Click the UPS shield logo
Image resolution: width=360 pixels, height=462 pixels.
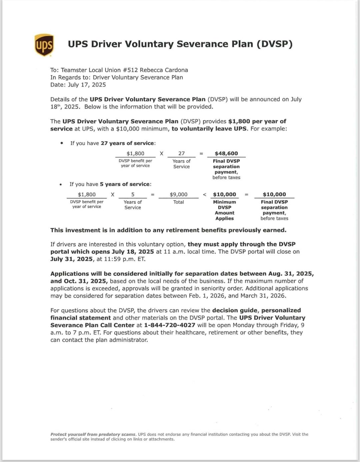click(x=44, y=45)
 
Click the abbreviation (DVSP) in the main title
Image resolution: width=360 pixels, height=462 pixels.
click(x=274, y=44)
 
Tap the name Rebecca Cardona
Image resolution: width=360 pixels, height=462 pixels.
click(x=164, y=70)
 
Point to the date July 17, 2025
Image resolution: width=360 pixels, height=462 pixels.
click(x=87, y=85)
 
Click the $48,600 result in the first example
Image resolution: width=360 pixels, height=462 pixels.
click(x=226, y=153)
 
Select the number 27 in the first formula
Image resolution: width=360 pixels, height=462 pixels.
click(x=181, y=153)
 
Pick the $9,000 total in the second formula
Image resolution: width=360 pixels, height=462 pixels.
click(x=179, y=194)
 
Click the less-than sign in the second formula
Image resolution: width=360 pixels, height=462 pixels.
click(x=205, y=195)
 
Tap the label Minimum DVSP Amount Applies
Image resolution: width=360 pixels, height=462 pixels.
click(x=225, y=210)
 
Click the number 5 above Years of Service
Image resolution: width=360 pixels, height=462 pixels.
click(x=133, y=194)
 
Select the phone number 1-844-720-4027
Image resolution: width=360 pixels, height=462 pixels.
click(x=170, y=325)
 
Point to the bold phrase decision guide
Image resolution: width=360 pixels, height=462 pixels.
click(x=235, y=310)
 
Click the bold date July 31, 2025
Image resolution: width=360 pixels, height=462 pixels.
click(x=71, y=259)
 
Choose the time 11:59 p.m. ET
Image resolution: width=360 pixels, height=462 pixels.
click(x=124, y=259)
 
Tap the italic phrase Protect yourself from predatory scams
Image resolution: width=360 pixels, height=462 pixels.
click(x=93, y=434)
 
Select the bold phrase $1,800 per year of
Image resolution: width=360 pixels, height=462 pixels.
click(x=257, y=121)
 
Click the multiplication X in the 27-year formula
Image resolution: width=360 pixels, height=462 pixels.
click(x=162, y=154)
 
